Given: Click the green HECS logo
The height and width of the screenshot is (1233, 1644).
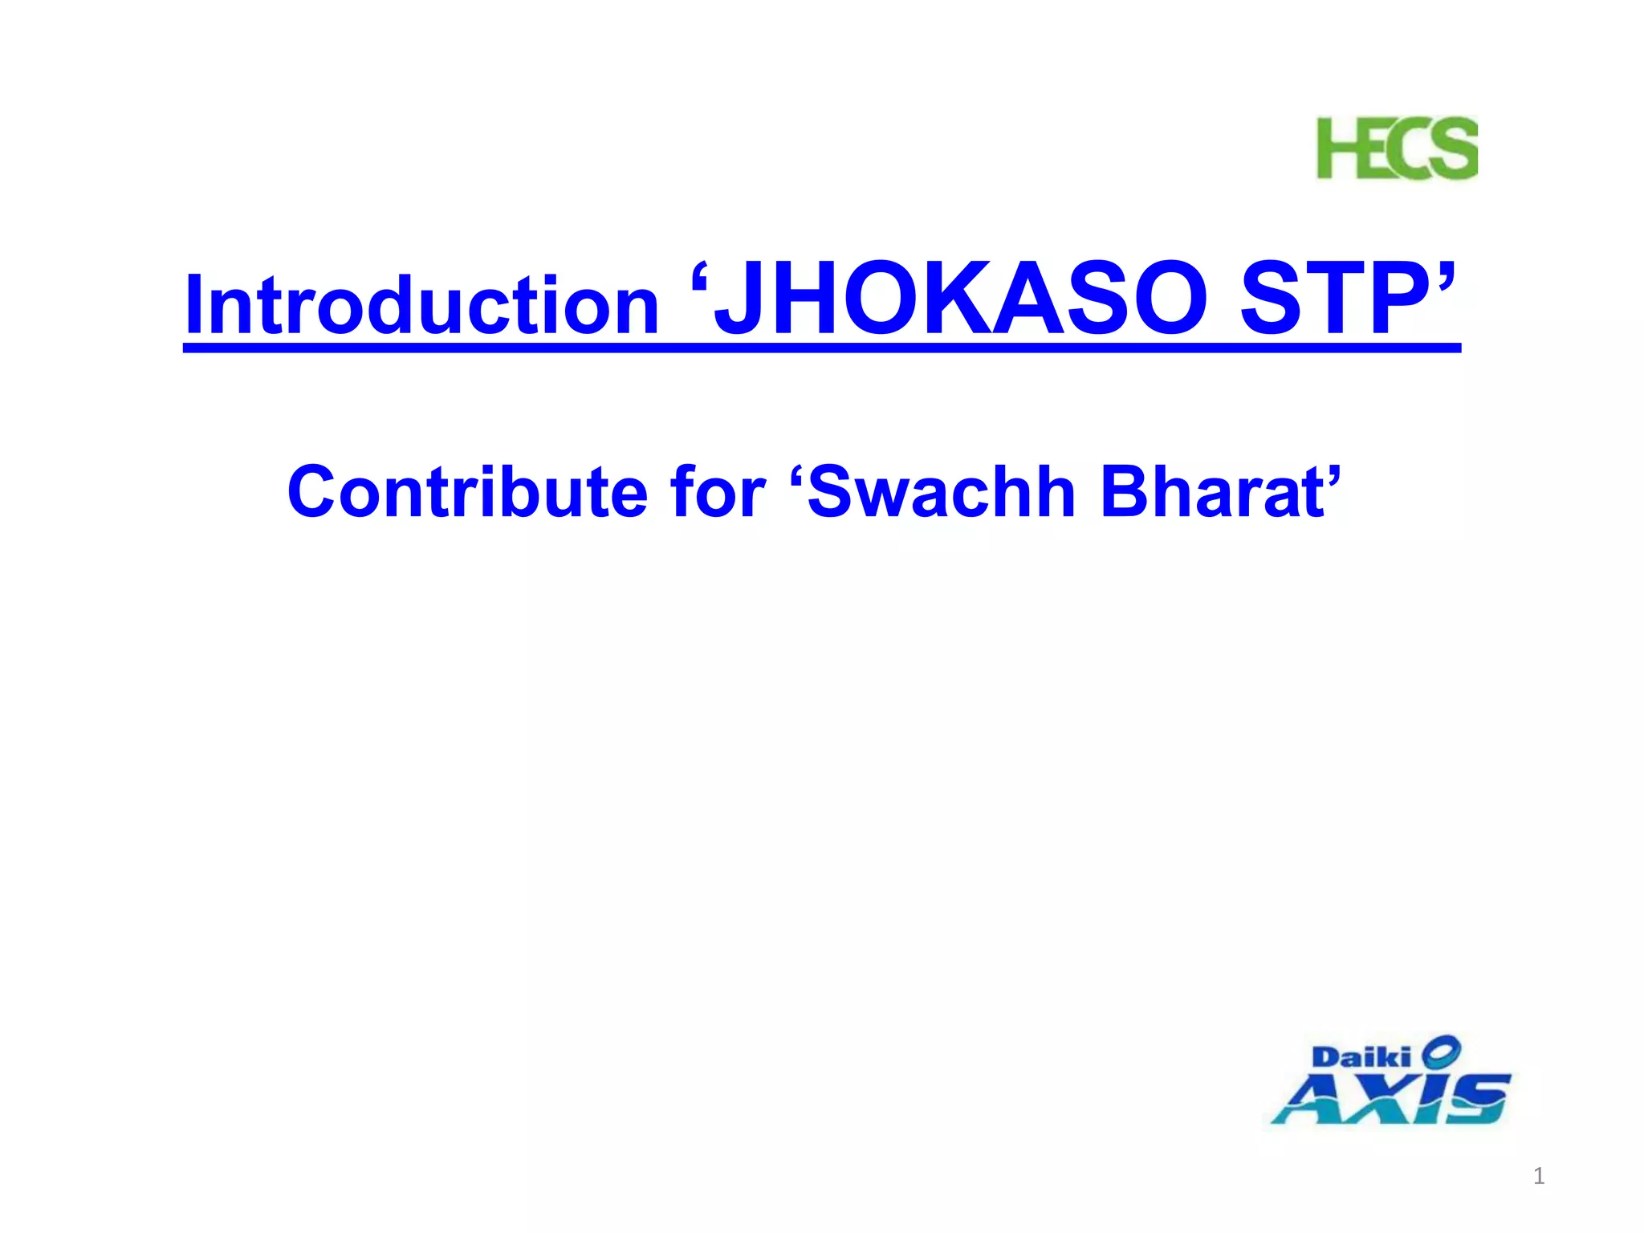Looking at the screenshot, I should point(1397,149).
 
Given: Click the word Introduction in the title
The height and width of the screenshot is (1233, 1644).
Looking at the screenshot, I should point(421,306).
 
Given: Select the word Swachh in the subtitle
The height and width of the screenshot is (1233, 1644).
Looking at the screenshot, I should point(940,492).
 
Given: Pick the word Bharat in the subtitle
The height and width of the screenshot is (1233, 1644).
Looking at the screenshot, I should point(1212,492).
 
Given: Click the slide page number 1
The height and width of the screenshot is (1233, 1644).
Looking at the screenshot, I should point(1538,1177).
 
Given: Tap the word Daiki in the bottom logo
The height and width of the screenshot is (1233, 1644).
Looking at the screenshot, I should point(1361,1057).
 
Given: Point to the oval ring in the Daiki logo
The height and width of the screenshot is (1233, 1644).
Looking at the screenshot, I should point(1441,1049).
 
